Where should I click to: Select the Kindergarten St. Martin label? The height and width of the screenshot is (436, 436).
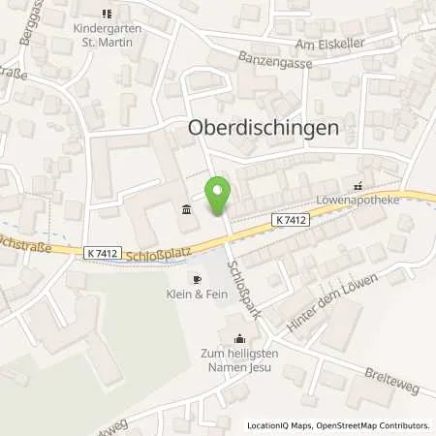107,34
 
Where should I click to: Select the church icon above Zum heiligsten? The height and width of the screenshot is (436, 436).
239,338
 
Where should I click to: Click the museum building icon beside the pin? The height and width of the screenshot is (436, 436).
186,208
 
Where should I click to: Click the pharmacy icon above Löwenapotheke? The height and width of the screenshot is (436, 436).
358,187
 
